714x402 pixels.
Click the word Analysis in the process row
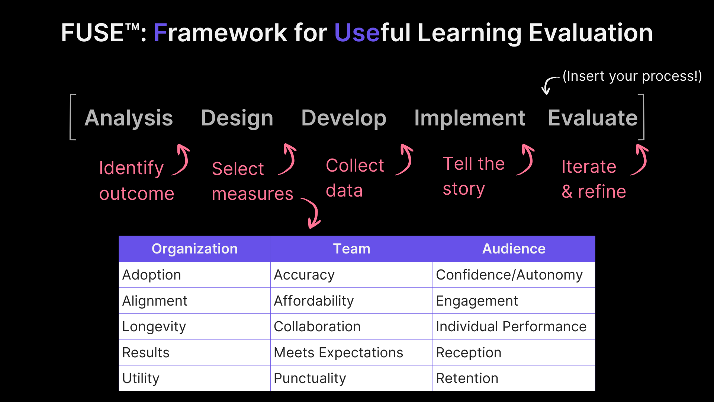pyautogui.click(x=129, y=118)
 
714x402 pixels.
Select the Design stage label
pyautogui.click(x=237, y=118)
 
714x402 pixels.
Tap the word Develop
pyautogui.click(x=344, y=118)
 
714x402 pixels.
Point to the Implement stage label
pyautogui.click(x=469, y=118)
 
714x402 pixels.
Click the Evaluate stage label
pyautogui.click(x=592, y=118)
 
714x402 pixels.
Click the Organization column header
pyautogui.click(x=194, y=249)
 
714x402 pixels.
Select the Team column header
pyautogui.click(x=351, y=249)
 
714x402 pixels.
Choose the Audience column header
pyautogui.click(x=514, y=249)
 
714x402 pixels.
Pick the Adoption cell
pyautogui.click(x=152, y=275)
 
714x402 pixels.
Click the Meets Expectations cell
pyautogui.click(x=338, y=352)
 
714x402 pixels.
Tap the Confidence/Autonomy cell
pyautogui.click(x=509, y=275)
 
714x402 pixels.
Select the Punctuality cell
pyautogui.click(x=310, y=378)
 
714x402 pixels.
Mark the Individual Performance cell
pyautogui.click(x=511, y=326)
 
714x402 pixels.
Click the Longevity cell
pyautogui.click(x=154, y=326)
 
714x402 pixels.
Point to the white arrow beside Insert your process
pyautogui.click(x=549, y=85)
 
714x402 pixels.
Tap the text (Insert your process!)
pyautogui.click(x=632, y=76)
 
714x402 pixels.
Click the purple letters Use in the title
pyautogui.click(x=357, y=33)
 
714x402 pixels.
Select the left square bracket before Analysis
pyautogui.click(x=72, y=117)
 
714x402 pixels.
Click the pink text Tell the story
pyautogui.click(x=473, y=176)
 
